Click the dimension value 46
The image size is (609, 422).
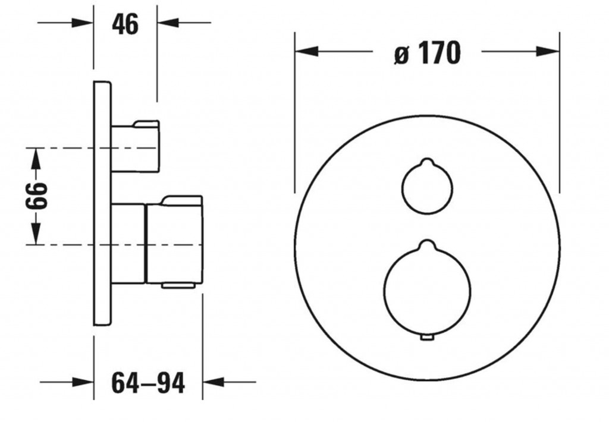[x=125, y=24]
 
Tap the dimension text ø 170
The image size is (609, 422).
[x=427, y=53]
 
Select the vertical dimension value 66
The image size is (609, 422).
[x=36, y=196]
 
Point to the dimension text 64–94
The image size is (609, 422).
[x=148, y=383]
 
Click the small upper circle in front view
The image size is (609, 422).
[x=402, y=189]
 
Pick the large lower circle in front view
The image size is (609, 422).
[x=384, y=291]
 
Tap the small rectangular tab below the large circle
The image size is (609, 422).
[x=427, y=338]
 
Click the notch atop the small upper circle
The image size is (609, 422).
[x=427, y=162]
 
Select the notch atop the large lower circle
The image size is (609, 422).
[x=427, y=244]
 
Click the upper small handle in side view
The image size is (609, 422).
[x=135, y=146]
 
